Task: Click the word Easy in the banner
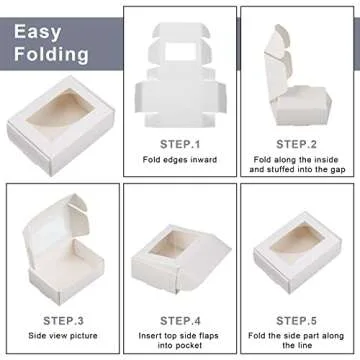38,32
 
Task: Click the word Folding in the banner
51,54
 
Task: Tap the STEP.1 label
180,144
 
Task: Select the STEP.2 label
297,144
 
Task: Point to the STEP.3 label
63,321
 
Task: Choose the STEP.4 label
180,321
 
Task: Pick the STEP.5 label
297,321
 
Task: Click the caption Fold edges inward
180,160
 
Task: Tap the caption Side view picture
63,335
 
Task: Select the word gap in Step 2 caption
337,170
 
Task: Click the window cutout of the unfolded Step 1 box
180,52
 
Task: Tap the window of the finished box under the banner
61,110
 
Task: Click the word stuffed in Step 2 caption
281,170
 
